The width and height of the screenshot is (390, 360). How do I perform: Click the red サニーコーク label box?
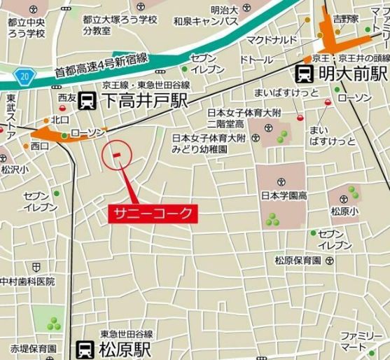153,213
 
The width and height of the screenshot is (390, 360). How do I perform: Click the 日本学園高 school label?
284,195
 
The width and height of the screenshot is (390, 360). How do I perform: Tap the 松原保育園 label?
298,260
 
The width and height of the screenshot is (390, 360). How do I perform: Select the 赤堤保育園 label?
33,348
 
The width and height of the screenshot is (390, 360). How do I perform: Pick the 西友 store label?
67,97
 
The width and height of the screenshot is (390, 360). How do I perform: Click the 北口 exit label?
60,120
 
